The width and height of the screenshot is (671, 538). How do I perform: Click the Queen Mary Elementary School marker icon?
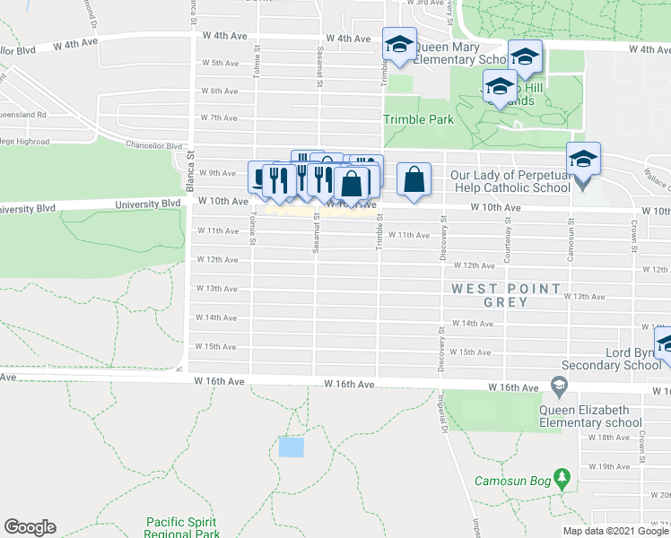point(399,45)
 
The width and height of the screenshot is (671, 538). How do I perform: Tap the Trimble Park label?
point(418,119)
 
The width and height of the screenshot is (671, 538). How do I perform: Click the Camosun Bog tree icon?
point(562,475)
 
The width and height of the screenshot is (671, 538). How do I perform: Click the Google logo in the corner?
point(30,527)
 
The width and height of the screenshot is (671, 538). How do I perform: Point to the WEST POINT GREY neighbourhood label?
point(508,295)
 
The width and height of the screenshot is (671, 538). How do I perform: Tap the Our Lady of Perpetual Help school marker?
point(583,161)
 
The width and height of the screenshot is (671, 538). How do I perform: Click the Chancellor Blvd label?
point(154,145)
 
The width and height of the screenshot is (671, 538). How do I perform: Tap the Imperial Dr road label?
point(443,409)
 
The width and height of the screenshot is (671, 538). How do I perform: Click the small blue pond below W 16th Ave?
point(291,447)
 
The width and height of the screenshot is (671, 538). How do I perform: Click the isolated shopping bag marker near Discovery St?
point(413,178)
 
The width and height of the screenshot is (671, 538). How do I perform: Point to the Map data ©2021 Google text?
point(615,531)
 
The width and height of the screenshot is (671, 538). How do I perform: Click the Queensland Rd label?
point(23,116)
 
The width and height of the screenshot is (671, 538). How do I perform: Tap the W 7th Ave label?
point(218,117)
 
